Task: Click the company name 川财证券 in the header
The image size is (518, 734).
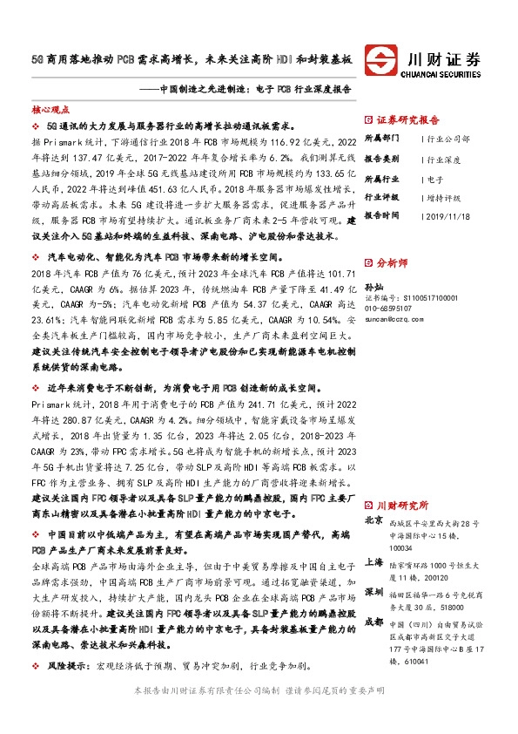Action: click(444, 58)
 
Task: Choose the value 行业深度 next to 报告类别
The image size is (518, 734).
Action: click(443, 160)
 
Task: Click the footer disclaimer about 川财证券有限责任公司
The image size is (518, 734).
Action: click(259, 715)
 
